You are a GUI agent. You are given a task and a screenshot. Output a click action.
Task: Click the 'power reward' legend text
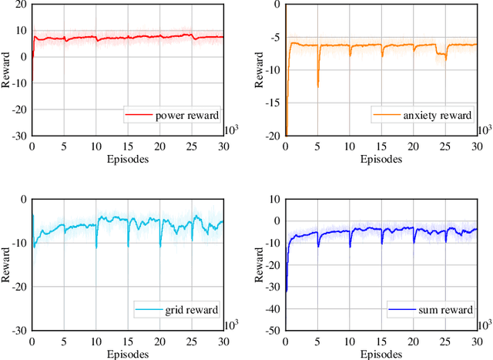186,116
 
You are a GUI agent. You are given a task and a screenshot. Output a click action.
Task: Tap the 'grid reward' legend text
189,311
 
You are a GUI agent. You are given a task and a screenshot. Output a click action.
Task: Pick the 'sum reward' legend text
440,311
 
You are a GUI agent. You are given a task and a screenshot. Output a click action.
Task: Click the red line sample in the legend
139,116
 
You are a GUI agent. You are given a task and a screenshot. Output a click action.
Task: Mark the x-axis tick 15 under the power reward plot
126,146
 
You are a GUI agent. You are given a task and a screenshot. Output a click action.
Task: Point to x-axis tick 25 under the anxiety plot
444,146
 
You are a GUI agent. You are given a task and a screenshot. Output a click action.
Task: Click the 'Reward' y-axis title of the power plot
6,69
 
